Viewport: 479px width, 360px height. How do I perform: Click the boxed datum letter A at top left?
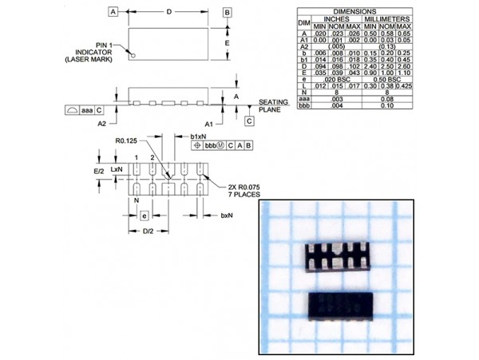(113, 12)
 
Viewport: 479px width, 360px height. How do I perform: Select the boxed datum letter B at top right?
(227, 12)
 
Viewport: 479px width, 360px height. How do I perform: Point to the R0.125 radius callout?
(126, 141)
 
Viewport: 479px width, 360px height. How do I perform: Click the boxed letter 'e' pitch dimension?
(144, 216)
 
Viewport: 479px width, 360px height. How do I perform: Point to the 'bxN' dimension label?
(227, 216)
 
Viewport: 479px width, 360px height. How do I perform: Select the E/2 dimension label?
(99, 171)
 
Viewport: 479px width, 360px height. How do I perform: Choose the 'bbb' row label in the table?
(303, 104)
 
